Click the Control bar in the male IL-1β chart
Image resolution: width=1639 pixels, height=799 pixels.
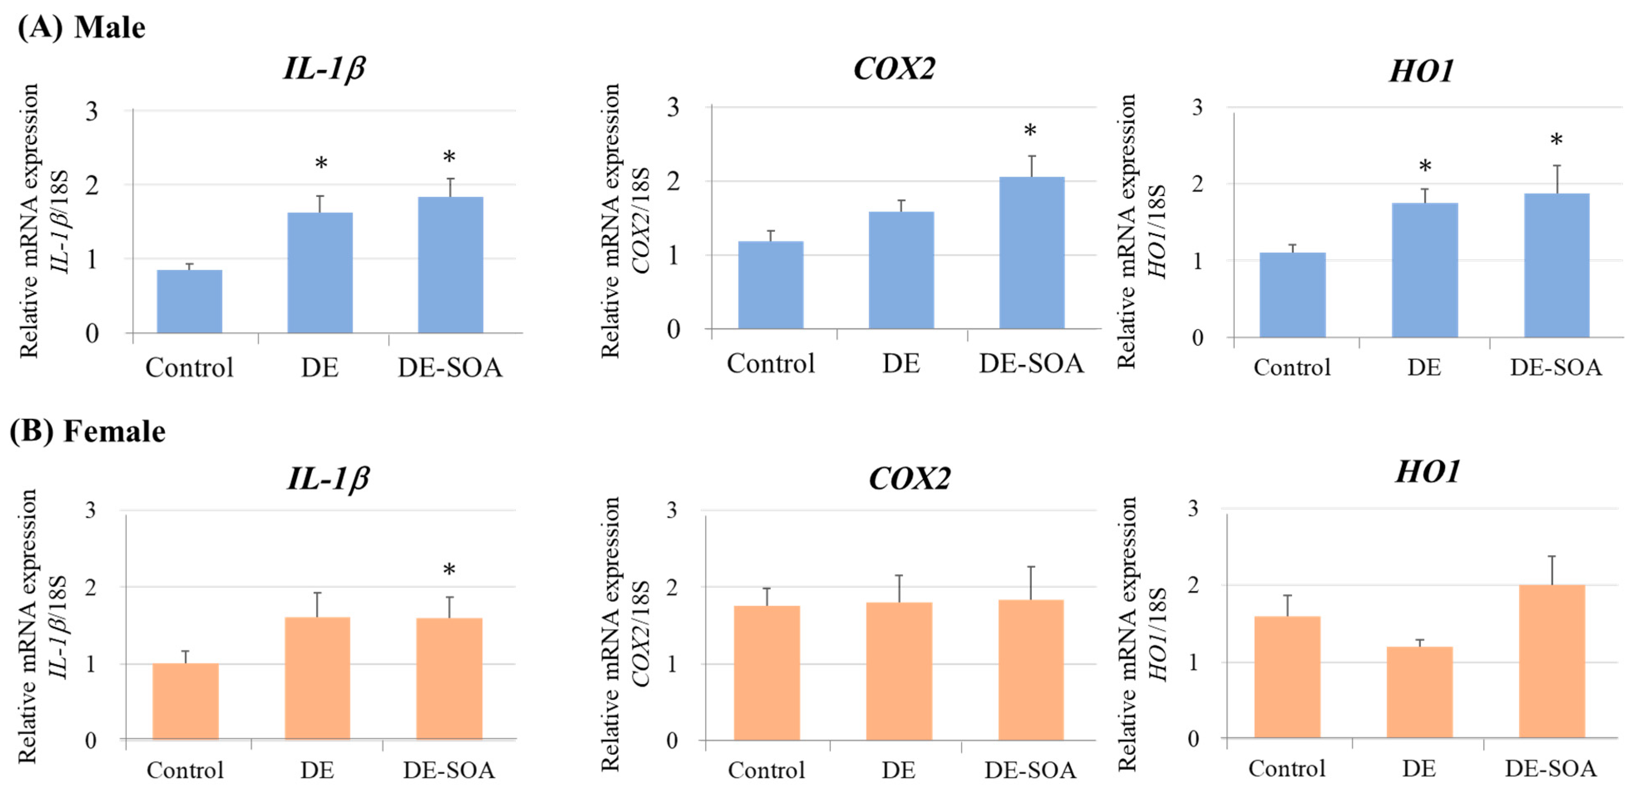point(189,302)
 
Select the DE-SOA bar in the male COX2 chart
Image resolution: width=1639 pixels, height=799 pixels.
point(1031,253)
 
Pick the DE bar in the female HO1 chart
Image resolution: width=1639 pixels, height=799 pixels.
point(1420,692)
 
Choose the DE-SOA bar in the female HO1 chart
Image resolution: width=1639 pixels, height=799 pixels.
point(1552,661)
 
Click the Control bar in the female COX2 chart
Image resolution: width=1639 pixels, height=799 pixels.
point(767,673)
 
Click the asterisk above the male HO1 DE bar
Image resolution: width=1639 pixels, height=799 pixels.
point(1425,167)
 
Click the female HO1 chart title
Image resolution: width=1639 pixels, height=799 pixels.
point(1428,472)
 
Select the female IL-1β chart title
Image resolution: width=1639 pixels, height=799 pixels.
point(328,478)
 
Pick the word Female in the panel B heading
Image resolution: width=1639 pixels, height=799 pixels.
point(115,431)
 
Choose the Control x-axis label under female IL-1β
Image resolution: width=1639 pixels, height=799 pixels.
point(185,770)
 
